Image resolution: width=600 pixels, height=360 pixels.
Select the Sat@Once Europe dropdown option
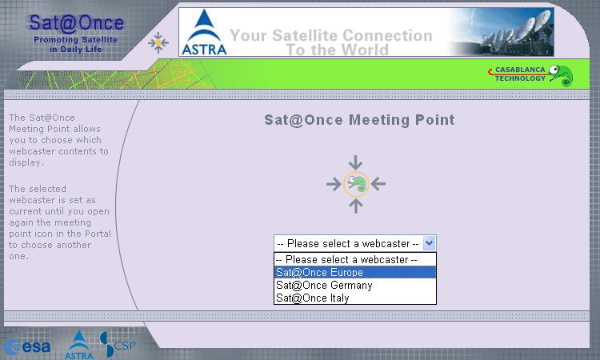tap(355, 272)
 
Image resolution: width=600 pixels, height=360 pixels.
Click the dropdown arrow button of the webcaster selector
tap(429, 243)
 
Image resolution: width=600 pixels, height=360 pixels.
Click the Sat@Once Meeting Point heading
tap(359, 120)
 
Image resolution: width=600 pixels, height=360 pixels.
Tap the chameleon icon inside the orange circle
tap(356, 184)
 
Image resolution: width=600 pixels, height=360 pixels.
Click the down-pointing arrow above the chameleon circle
tap(355, 162)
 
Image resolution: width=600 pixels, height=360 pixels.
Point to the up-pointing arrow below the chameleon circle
tap(356, 206)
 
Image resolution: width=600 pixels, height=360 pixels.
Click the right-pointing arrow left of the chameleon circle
tap(334, 184)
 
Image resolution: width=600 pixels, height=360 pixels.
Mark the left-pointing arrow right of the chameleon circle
tap(378, 184)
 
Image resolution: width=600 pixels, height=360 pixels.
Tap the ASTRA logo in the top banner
tap(204, 33)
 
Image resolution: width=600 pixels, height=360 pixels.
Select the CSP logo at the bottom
tap(118, 344)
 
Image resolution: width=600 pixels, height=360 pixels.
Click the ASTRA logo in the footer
tap(79, 345)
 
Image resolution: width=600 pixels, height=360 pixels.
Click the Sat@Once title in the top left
tap(76, 22)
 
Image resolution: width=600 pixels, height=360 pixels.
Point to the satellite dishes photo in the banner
tap(502, 33)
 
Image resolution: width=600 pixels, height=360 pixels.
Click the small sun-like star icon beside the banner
tap(158, 43)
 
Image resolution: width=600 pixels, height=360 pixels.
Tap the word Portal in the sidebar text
tap(98, 234)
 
